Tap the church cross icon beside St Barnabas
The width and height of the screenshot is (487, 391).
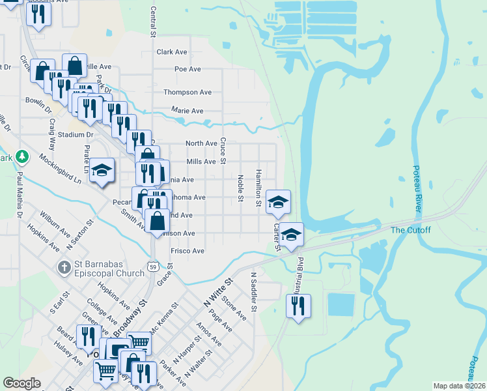coord(64,267)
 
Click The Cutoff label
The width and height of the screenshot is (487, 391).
coord(407,229)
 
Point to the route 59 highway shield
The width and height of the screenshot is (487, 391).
coord(152,267)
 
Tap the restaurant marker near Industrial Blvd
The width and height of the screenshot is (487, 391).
coord(298,305)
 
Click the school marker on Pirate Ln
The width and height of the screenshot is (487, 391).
coord(102,171)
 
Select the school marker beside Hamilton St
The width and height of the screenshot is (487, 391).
coord(278,203)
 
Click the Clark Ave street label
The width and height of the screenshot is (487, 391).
coord(172,51)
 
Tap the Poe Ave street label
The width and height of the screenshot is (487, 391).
coord(188,69)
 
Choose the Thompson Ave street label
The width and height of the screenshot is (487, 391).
coord(188,93)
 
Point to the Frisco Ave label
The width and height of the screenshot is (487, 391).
coord(188,251)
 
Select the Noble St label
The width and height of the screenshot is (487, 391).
coord(240,188)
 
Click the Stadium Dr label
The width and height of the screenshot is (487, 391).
coord(76,135)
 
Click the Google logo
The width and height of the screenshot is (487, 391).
coord(21,384)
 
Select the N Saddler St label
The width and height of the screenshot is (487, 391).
coord(254,291)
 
